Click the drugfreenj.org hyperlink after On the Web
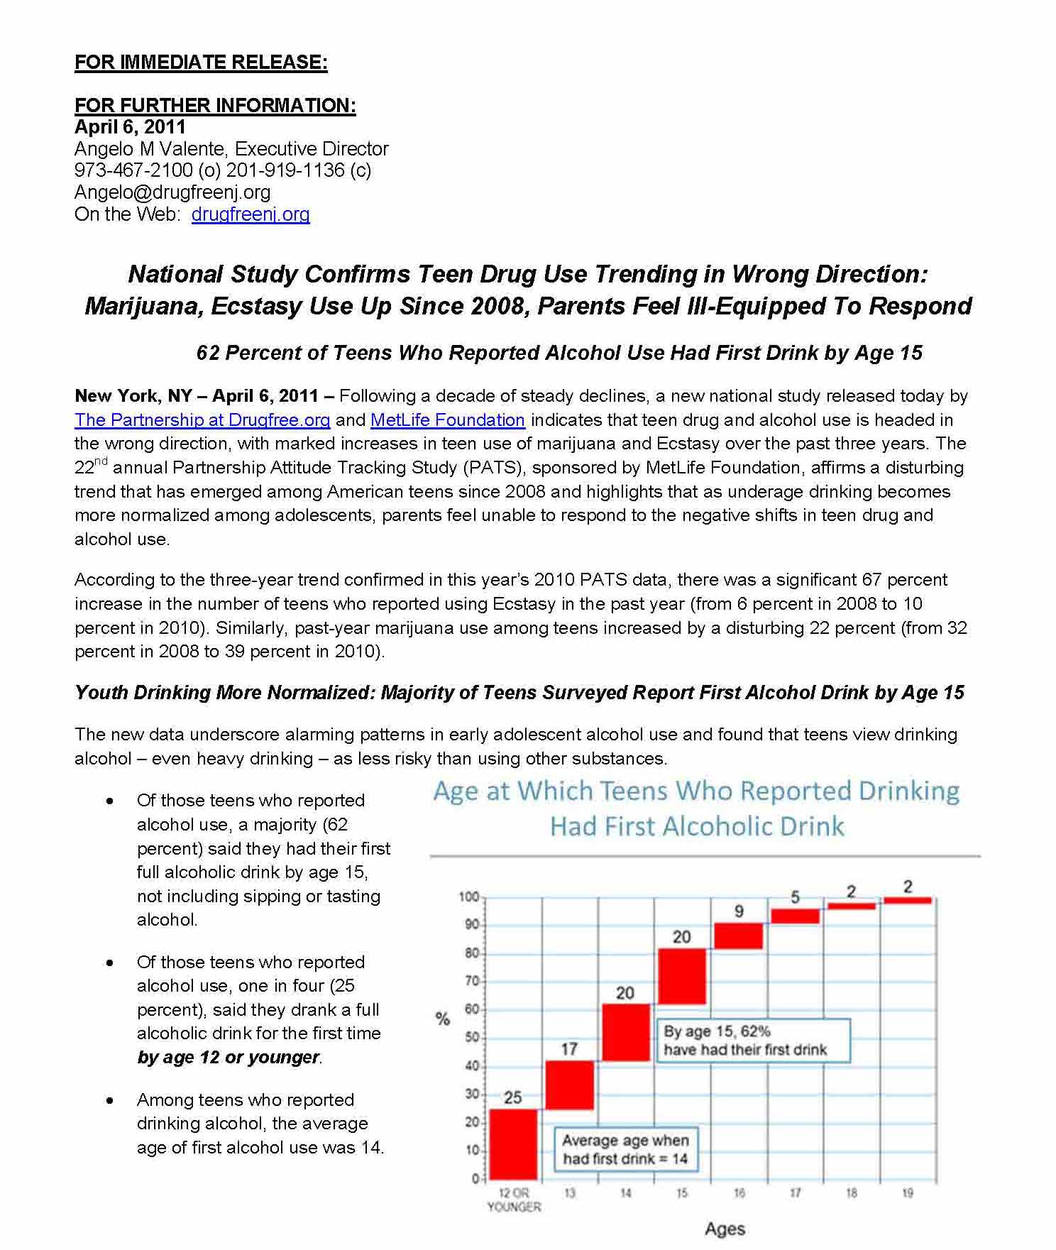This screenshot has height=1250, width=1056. point(251,214)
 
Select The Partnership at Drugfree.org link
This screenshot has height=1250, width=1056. point(202,420)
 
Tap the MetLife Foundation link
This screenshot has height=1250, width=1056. point(447,420)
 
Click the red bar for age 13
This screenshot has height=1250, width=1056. point(569,1085)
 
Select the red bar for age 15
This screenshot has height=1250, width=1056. point(681,976)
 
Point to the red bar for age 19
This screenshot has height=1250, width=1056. point(908,900)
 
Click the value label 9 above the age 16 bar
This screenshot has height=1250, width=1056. point(739,911)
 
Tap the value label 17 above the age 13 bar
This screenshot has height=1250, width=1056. point(569,1048)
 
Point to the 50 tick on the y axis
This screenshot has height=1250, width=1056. point(471,1038)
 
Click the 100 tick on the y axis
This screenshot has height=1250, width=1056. point(468,897)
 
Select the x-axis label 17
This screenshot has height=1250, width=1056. point(795,1193)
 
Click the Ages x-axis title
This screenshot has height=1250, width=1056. point(725,1229)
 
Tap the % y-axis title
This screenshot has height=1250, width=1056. point(443,1019)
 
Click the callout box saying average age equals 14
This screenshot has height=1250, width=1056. point(625,1149)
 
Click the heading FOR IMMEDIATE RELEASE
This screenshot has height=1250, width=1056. point(201,62)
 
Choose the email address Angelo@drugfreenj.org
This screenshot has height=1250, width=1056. point(172,192)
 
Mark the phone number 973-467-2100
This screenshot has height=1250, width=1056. point(133,170)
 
